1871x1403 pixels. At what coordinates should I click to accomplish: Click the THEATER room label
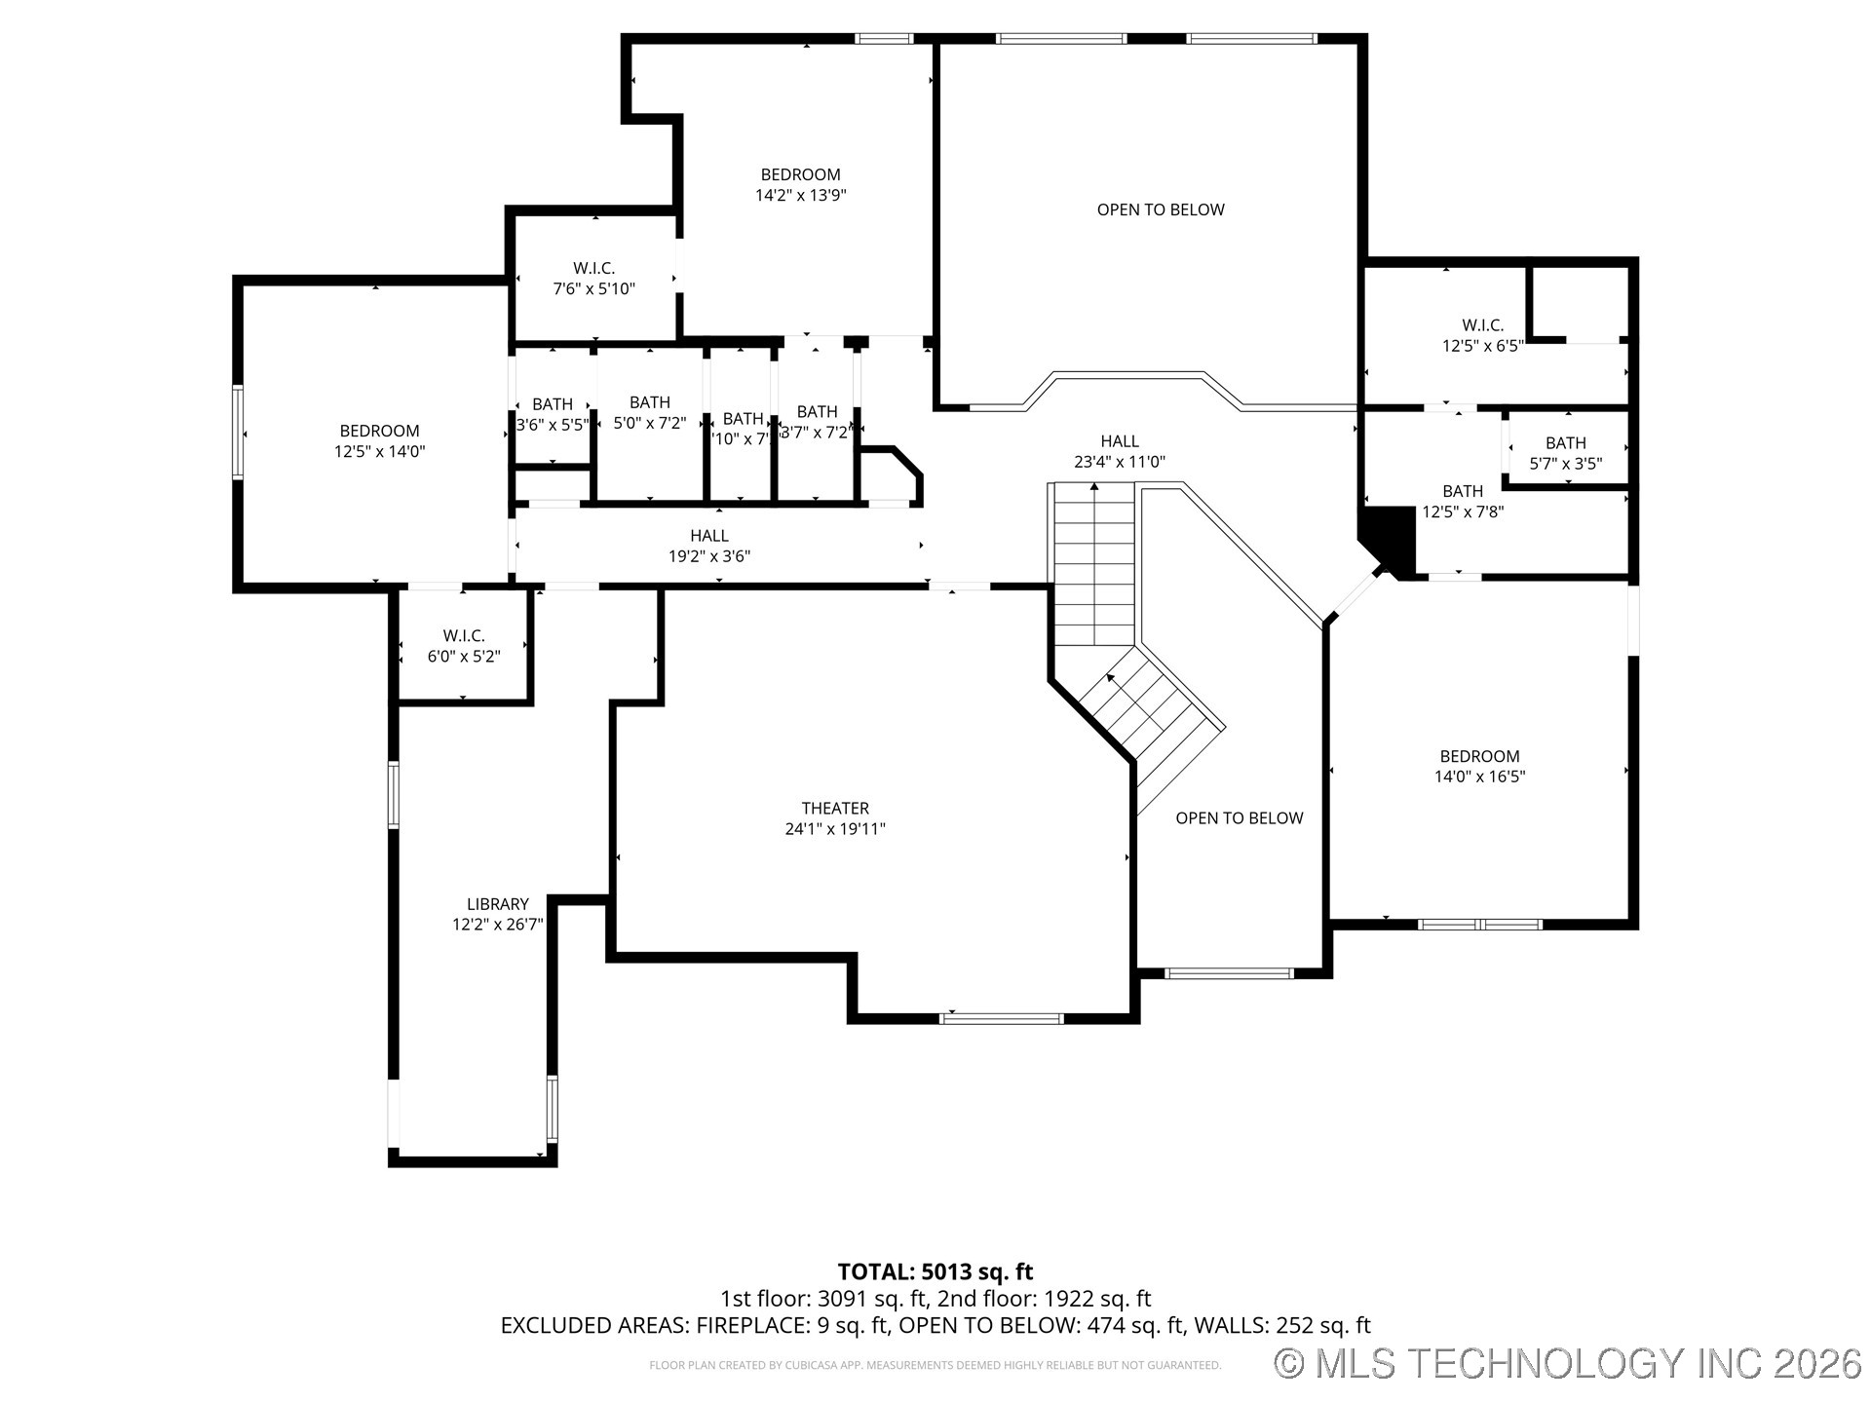[x=835, y=809]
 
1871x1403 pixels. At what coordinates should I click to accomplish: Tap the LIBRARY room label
[x=497, y=904]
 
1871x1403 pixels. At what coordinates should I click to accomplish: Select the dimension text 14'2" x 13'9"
[x=800, y=195]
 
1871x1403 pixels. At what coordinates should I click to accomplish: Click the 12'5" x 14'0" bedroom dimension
[x=379, y=451]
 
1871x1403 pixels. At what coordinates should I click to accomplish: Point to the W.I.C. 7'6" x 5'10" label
[x=593, y=279]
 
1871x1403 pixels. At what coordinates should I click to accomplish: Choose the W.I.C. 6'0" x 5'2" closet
[x=464, y=646]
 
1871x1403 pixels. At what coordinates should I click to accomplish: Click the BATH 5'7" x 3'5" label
[x=1565, y=453]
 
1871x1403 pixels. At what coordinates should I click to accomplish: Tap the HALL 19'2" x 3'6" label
[x=708, y=546]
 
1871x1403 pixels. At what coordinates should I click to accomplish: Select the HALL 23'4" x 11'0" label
[x=1120, y=451]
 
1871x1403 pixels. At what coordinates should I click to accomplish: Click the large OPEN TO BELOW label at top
[x=1160, y=209]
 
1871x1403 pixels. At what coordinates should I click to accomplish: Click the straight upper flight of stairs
[x=1093, y=565]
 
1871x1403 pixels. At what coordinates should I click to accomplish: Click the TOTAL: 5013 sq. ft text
[x=935, y=1271]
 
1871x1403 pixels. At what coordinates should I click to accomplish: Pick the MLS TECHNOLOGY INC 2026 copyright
[x=1568, y=1362]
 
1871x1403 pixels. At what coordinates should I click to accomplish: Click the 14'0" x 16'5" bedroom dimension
[x=1479, y=777]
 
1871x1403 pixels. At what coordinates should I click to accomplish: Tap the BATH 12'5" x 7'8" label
[x=1462, y=501]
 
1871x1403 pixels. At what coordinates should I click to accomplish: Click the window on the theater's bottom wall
[x=1001, y=1018]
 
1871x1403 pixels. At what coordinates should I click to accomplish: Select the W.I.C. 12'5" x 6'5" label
[x=1481, y=335]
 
